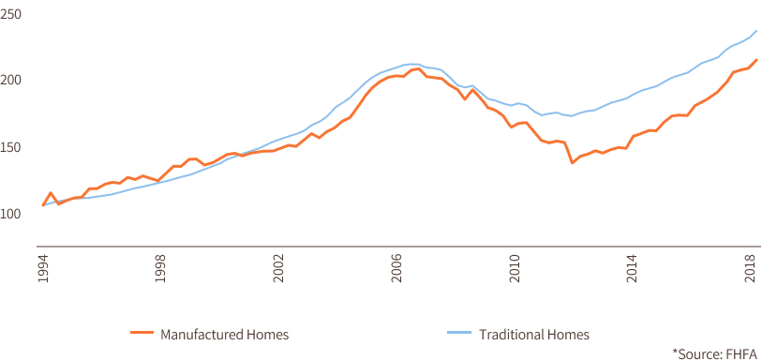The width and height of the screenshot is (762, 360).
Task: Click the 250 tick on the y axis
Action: [x=12, y=14]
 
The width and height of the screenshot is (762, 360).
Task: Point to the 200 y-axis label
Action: [x=12, y=81]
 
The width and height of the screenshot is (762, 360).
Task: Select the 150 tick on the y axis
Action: [x=12, y=147]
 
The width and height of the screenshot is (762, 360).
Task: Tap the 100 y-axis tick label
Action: [x=12, y=214]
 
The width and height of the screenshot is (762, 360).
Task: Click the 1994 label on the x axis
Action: [x=43, y=265]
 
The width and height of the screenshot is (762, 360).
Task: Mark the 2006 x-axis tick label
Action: [x=397, y=265]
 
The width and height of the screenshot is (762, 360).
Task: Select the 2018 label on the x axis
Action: [x=751, y=265]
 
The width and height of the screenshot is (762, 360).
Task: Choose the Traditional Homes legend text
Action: [x=534, y=334]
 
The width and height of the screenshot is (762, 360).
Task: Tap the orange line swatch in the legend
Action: [x=142, y=334]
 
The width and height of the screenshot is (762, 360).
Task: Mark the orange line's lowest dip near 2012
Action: [x=572, y=163]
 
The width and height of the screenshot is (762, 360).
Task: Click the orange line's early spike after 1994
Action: [x=51, y=192]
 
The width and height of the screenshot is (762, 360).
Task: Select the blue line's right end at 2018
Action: [x=756, y=31]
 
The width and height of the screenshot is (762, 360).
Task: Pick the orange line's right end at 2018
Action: [x=756, y=59]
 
